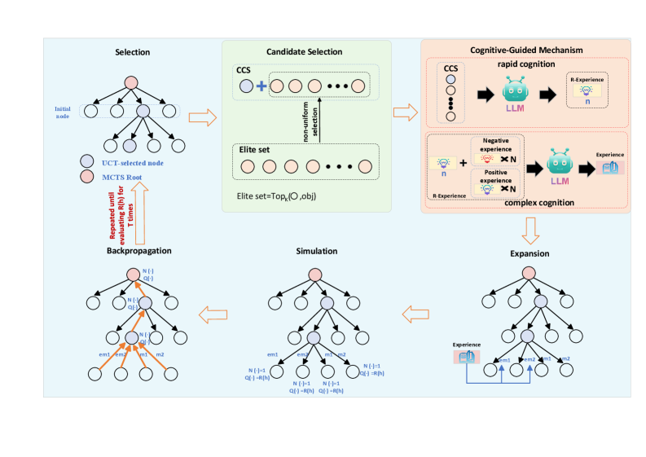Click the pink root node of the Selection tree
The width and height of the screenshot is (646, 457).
coord(132,82)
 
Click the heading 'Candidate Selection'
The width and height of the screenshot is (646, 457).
coord(305,52)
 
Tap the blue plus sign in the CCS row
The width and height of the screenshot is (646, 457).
coord(261,86)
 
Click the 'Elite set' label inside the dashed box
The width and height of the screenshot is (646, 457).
coord(253,150)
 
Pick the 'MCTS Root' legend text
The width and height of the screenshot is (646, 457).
coord(122,177)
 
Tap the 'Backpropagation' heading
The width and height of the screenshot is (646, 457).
coord(138,250)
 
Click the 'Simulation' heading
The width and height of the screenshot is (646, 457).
coord(316,251)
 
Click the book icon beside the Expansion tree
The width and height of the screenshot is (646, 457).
coord(467,355)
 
